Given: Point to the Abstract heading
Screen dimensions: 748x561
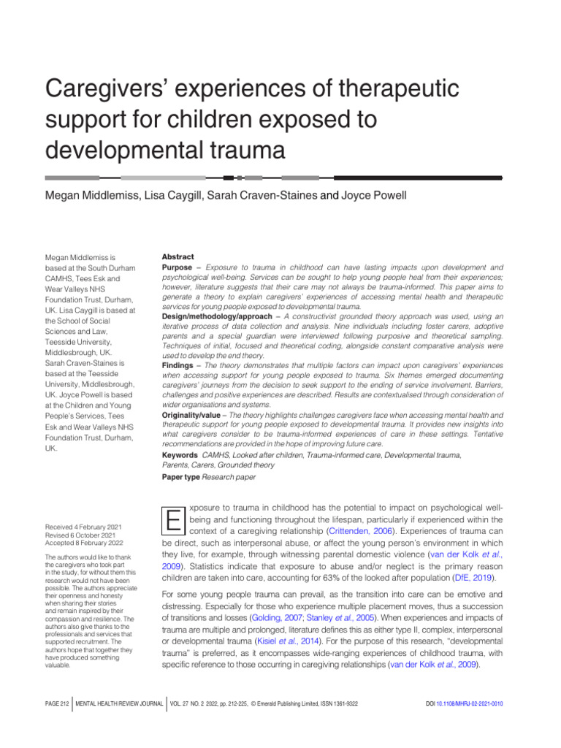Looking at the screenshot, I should [x=178, y=257].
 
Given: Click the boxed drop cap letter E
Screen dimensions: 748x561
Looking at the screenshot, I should [x=173, y=519].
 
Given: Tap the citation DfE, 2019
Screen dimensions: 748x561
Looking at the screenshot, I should [x=476, y=577].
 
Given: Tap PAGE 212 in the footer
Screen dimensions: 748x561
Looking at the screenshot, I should [x=56, y=703].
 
